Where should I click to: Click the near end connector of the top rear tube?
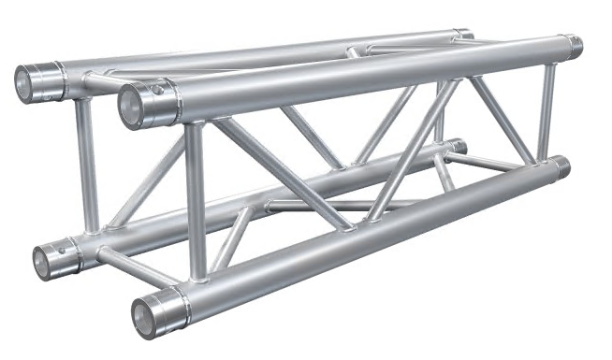[36, 81]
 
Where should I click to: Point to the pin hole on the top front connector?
[159, 91]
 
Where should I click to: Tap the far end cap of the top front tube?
[573, 44]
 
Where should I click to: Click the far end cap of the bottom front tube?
[562, 168]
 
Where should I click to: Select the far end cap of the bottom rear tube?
[458, 146]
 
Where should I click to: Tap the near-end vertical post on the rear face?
[86, 164]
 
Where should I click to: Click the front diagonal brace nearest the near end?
[281, 174]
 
